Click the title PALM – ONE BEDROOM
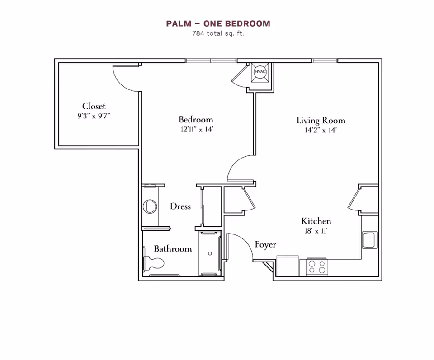[218, 23]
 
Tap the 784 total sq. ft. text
[218, 33]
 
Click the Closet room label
[94, 106]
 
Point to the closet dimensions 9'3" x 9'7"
[94, 116]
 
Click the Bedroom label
[196, 120]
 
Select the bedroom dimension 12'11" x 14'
[196, 130]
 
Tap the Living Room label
[321, 121]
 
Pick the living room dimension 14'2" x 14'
[321, 131]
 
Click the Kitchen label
[316, 221]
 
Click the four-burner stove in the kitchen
[316, 266]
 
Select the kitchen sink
[370, 240]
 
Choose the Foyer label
[265, 244]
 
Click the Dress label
[180, 206]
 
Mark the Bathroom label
[173, 248]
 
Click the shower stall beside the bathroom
[210, 253]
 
